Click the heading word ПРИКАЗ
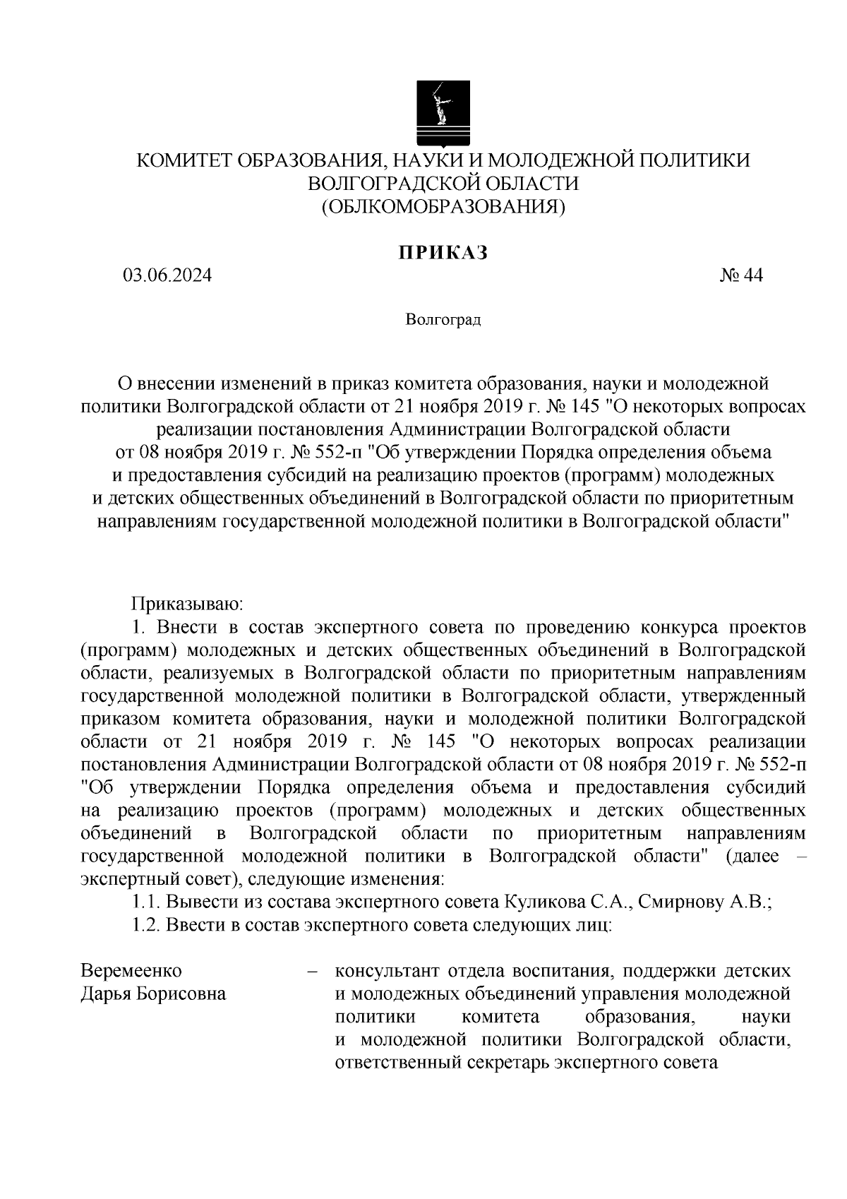(442, 253)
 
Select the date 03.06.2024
(167, 275)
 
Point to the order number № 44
(741, 275)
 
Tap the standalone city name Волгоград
(443, 321)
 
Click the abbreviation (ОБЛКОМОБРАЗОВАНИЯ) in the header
(443, 206)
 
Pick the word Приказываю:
(187, 604)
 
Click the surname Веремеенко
(131, 970)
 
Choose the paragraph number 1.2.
(148, 925)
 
